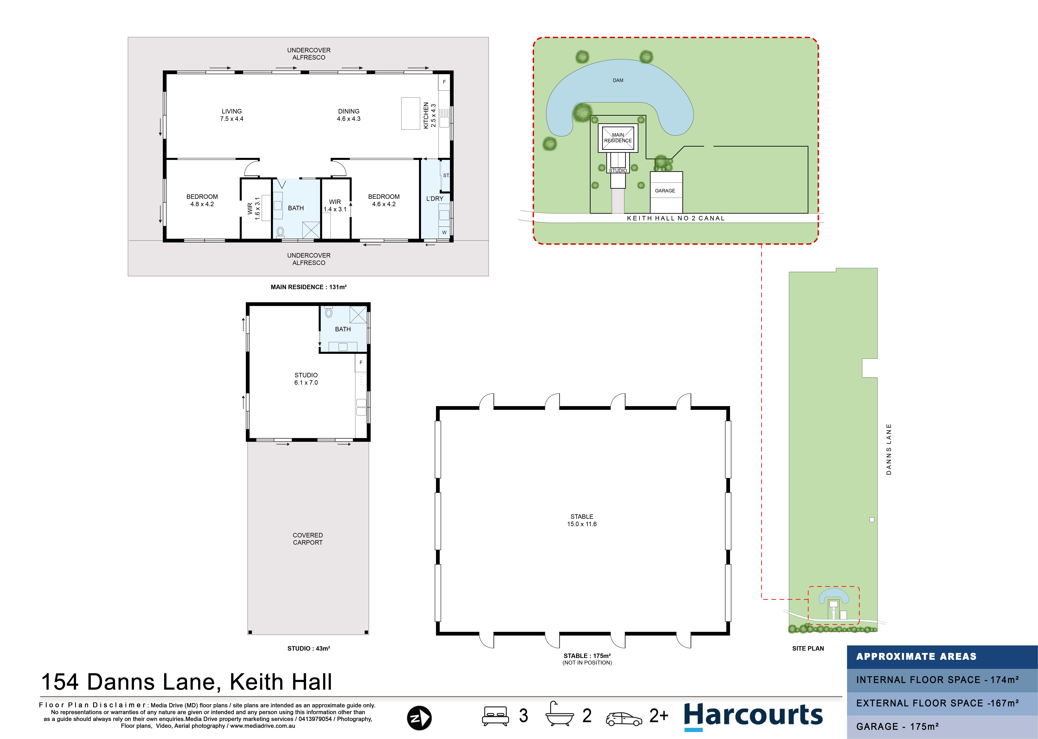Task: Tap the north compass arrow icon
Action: (419, 718)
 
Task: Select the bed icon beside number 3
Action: (495, 716)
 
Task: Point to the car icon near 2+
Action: (624, 719)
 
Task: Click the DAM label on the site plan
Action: (618, 81)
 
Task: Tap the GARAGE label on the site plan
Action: (665, 191)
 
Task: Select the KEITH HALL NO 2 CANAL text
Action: (676, 218)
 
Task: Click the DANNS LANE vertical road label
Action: (889, 449)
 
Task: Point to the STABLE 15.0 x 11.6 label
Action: (582, 520)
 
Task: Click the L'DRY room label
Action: (435, 199)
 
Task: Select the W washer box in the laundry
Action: (444, 233)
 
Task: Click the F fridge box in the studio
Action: (361, 363)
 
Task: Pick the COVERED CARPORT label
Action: (308, 539)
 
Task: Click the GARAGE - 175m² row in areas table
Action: (942, 727)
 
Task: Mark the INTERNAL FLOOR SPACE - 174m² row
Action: (942, 680)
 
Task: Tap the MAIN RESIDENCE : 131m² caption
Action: (309, 287)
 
